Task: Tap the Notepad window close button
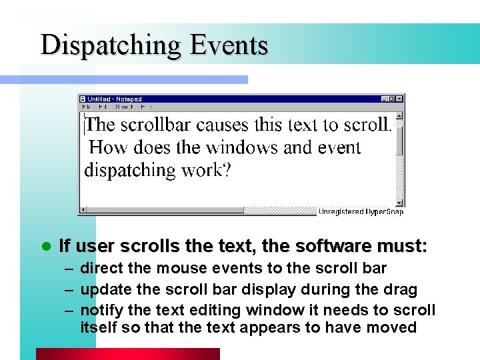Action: [x=399, y=99]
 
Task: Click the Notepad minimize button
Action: [x=385, y=99]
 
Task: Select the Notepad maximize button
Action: [x=392, y=99]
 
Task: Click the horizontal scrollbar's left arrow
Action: [x=82, y=211]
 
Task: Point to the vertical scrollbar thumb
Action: [x=399, y=140]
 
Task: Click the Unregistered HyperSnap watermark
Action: [x=361, y=211]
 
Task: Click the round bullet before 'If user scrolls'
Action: [x=45, y=246]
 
